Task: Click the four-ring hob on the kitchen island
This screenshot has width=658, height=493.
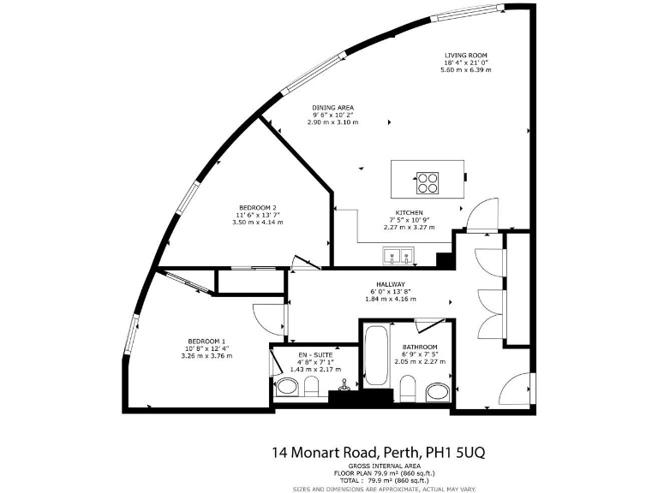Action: [x=428, y=183]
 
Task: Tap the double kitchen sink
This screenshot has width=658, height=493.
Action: [x=399, y=254]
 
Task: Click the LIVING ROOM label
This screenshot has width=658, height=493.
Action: [x=466, y=55]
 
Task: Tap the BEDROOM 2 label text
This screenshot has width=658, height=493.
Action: [x=257, y=208]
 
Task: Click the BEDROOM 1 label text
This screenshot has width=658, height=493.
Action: [x=206, y=341]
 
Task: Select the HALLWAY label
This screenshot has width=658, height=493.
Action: [x=390, y=284]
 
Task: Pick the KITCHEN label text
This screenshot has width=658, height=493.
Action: [x=409, y=213]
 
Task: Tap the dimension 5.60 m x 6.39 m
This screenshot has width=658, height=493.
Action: [x=466, y=69]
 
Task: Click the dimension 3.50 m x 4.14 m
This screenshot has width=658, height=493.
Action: [x=257, y=222]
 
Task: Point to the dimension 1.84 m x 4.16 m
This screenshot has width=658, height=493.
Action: [x=390, y=299]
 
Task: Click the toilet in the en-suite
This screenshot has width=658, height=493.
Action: [x=290, y=389]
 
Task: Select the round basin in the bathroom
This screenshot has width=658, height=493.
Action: [x=437, y=391]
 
